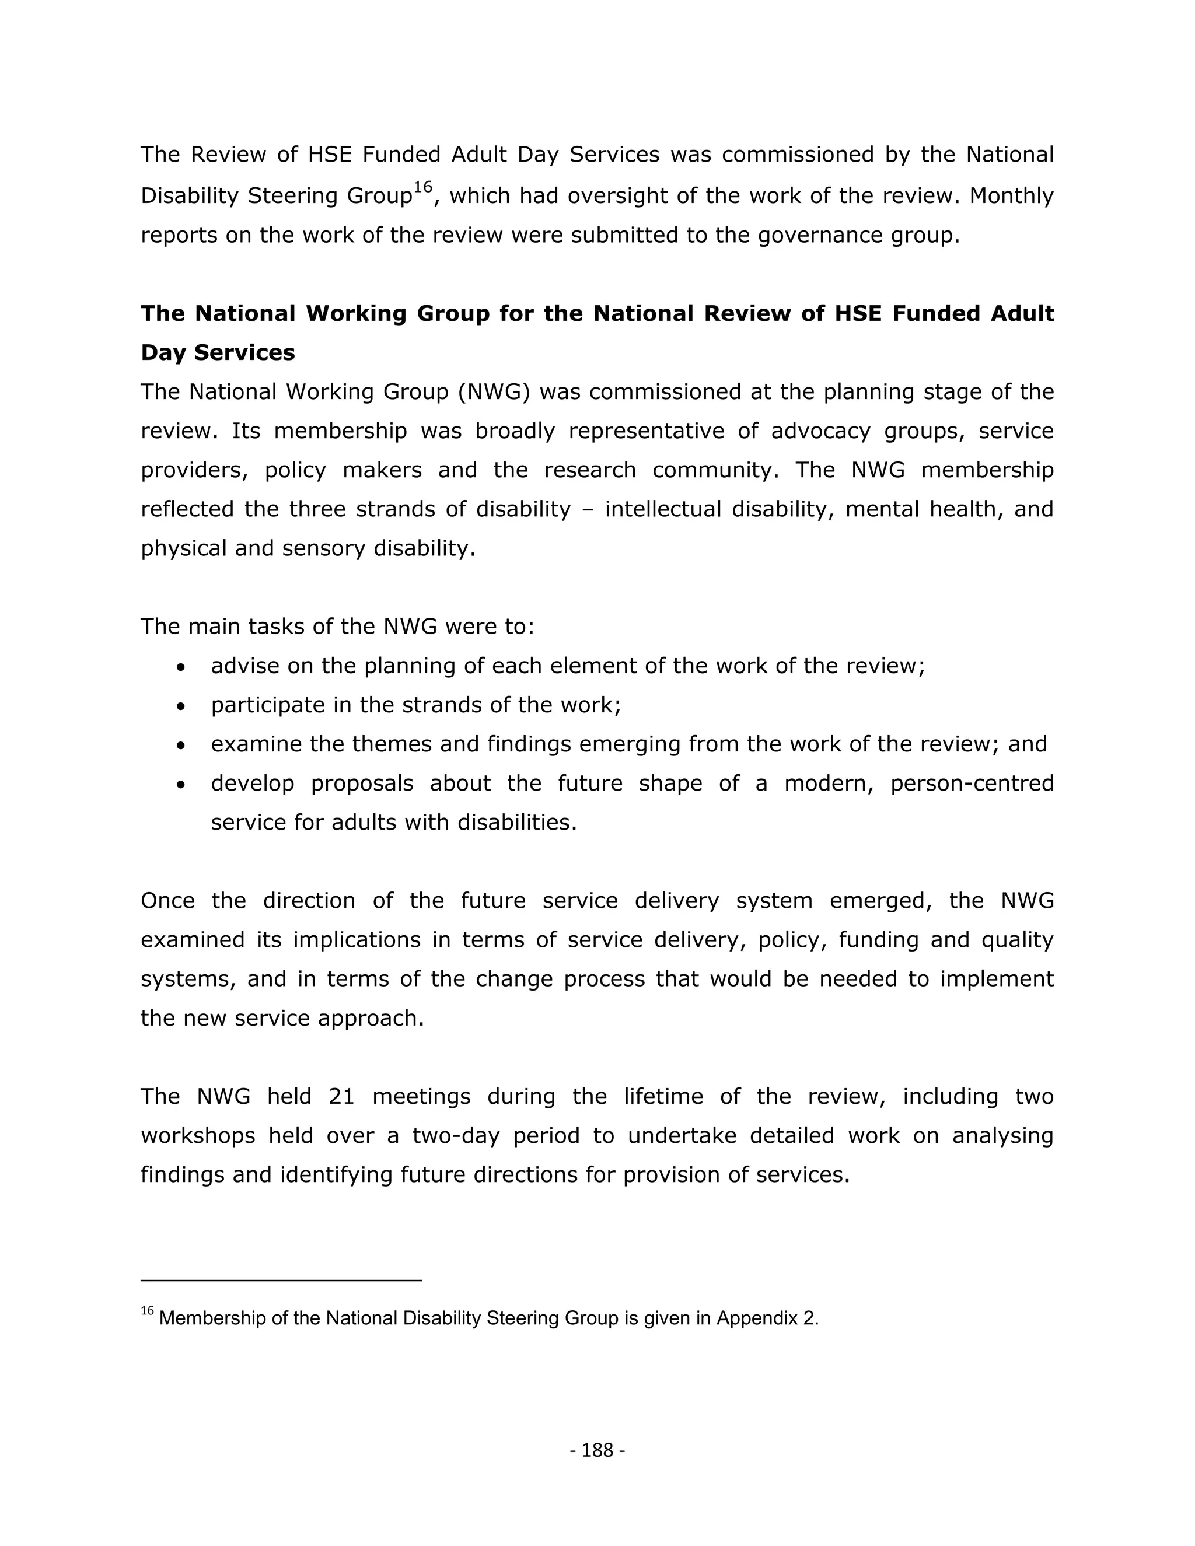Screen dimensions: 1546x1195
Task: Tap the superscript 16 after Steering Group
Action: (x=422, y=187)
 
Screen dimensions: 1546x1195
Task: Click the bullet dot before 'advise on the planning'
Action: (x=182, y=667)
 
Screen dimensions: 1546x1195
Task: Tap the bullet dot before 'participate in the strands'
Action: (x=182, y=706)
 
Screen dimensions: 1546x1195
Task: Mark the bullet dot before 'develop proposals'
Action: (x=182, y=785)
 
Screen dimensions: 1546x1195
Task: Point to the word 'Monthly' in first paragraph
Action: (x=1011, y=195)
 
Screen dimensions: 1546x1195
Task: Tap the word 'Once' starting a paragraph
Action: (x=166, y=900)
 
